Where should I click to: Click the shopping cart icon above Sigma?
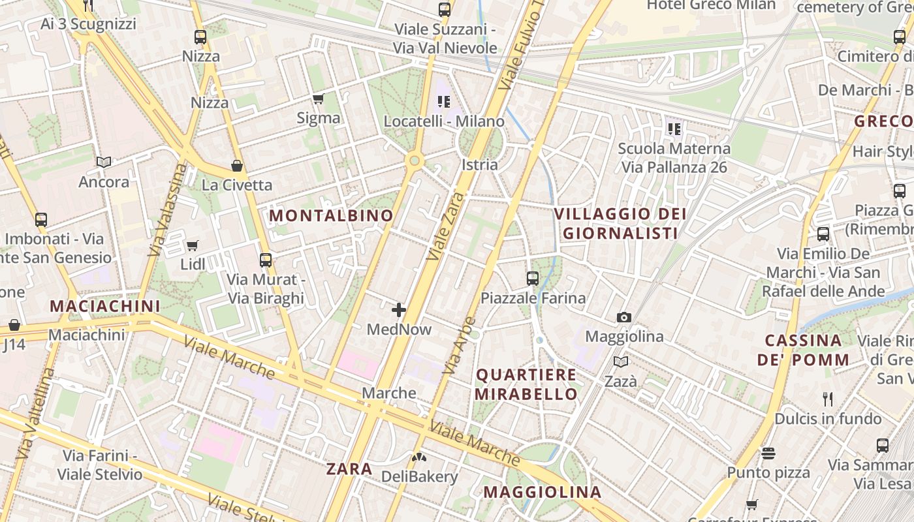[x=318, y=99]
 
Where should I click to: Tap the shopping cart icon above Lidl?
[x=192, y=245]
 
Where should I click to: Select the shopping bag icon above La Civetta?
[x=237, y=166]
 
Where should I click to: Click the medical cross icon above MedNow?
[x=399, y=310]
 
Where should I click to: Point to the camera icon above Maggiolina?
[x=624, y=318]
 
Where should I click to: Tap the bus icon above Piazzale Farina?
[x=533, y=279]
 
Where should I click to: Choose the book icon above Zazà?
[x=620, y=361]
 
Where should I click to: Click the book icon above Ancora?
[x=104, y=162]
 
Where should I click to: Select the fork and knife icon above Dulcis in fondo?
[x=828, y=399]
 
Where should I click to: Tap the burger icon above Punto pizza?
[x=768, y=453]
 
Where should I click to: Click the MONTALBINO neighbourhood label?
[x=332, y=215]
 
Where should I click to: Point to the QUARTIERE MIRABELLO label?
[x=526, y=384]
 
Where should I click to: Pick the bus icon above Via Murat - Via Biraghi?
[x=266, y=260]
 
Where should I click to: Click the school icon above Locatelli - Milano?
[x=444, y=101]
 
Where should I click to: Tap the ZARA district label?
[x=349, y=468]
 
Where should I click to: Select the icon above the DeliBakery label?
[x=418, y=458]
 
